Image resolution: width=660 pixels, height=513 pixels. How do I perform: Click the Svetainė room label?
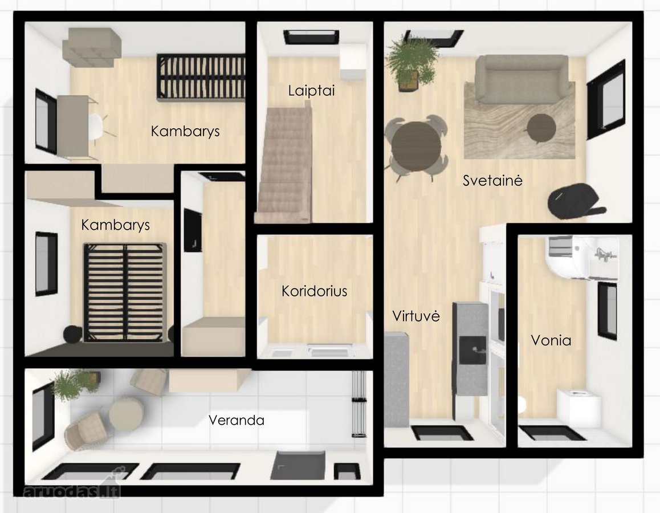pyautogui.click(x=492, y=181)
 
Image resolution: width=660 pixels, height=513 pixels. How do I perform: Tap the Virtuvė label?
pyautogui.click(x=416, y=316)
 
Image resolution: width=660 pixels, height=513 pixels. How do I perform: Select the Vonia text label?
pyautogui.click(x=551, y=340)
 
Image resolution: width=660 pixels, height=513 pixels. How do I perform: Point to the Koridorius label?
pyautogui.click(x=315, y=291)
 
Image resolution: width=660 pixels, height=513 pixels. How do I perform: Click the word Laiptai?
pyautogui.click(x=312, y=91)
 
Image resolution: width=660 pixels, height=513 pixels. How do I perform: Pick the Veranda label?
pyautogui.click(x=237, y=420)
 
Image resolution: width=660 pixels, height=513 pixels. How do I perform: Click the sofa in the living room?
pyautogui.click(x=521, y=80)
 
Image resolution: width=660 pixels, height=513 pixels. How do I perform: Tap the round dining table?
pyautogui.click(x=416, y=148)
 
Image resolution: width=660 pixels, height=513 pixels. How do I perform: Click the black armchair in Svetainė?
pyautogui.click(x=574, y=202)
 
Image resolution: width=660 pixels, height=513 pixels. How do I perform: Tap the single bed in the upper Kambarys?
pyautogui.click(x=201, y=77)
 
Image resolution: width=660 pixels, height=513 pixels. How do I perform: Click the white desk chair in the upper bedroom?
pyautogui.click(x=100, y=125)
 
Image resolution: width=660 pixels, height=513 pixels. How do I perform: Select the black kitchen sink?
pyautogui.click(x=472, y=350)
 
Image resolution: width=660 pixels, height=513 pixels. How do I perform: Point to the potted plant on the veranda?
pyautogui.click(x=75, y=384)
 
